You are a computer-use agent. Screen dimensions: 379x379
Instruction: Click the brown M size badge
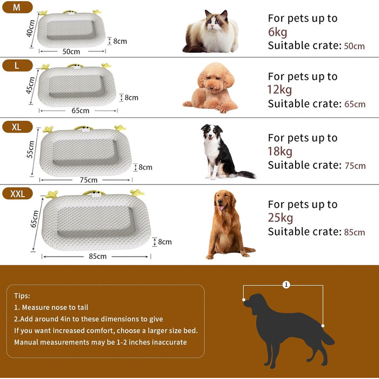coord(17,7)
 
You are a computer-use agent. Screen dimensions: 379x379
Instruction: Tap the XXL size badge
coord(17,194)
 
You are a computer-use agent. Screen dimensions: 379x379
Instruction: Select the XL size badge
coord(17,127)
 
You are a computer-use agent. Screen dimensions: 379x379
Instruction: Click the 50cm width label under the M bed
coord(71,51)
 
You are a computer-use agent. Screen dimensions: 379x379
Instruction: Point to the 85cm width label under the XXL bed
coord(97,256)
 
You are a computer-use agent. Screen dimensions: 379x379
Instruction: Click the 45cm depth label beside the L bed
coord(31,86)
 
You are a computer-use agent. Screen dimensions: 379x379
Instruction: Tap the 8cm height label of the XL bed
coord(145,167)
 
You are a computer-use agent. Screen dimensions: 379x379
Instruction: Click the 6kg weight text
coord(277,32)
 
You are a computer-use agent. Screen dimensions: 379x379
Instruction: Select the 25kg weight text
coord(280,218)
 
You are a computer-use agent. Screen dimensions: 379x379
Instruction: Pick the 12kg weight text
coord(280,90)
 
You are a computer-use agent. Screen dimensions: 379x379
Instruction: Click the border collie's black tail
coord(245,174)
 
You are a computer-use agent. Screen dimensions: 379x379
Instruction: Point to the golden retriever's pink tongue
coord(221,208)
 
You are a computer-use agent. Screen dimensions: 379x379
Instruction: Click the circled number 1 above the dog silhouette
coord(286,285)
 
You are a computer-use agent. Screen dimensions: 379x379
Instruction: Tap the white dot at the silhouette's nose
coord(244,300)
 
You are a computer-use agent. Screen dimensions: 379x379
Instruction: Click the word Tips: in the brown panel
coord(22,296)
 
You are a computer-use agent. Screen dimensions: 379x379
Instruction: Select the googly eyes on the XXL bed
coord(96,193)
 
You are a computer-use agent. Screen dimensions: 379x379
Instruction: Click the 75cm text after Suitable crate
coord(355,166)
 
